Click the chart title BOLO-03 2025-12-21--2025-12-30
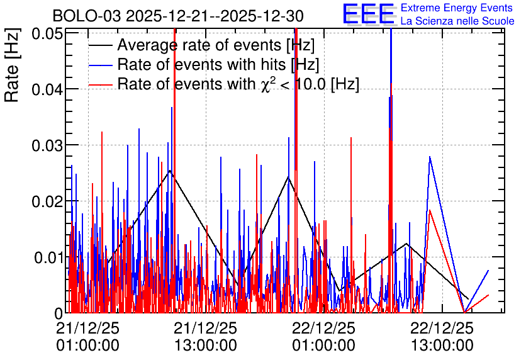pos(178,16)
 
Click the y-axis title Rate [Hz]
pos(12,65)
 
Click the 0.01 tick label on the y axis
pos(48,257)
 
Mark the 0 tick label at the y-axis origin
pos(59,313)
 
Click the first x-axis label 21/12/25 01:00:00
pos(87,337)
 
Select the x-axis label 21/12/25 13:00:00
pos(205,337)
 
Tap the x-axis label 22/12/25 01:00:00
pos(323,337)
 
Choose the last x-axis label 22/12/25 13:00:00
pos(442,337)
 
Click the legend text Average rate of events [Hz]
pos(216,45)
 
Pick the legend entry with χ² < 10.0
pos(238,84)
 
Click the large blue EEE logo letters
pos(369,14)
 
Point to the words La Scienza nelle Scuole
pos(457,21)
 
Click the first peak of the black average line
pos(170,171)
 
